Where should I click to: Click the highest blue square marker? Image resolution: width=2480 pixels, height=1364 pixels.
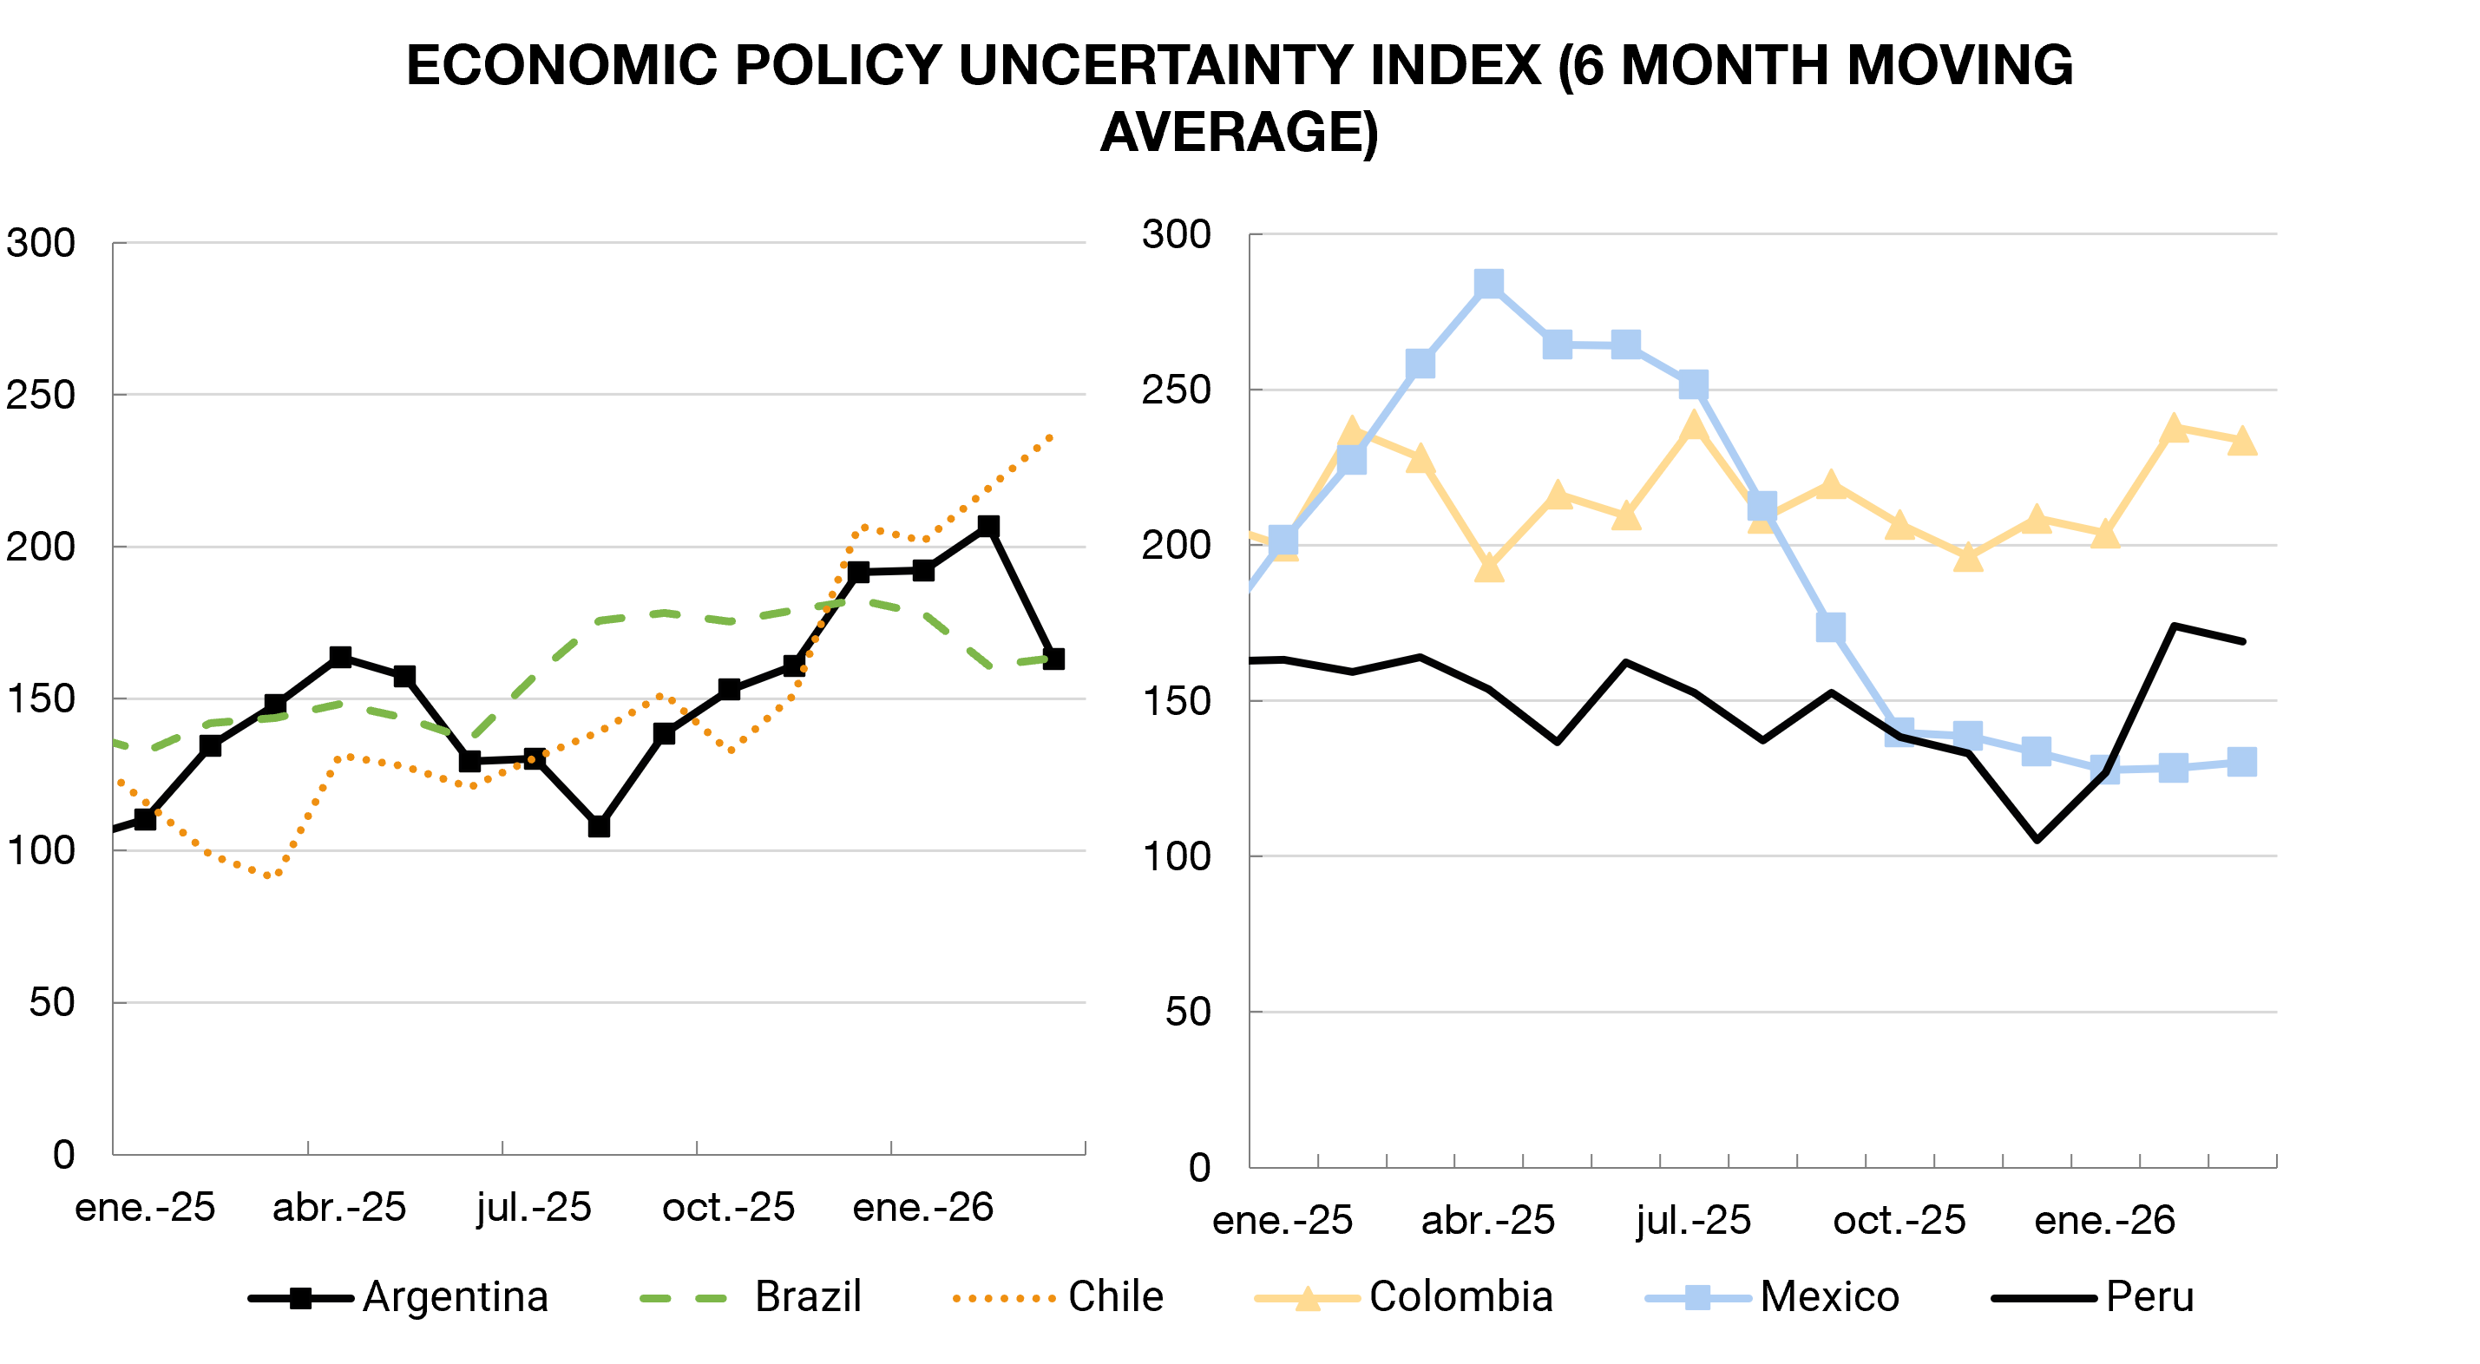click(x=1488, y=284)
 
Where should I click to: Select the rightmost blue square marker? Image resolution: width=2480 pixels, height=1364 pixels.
click(x=2242, y=762)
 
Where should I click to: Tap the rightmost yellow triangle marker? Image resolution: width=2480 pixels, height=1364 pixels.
click(x=2242, y=441)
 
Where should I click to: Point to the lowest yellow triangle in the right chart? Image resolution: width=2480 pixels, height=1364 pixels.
click(x=1488, y=569)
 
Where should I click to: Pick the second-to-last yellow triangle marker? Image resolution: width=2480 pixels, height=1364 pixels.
click(x=2174, y=429)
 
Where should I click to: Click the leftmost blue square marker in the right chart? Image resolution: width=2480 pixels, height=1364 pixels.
click(x=1283, y=540)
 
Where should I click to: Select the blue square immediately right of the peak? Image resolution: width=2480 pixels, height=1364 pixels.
click(x=1557, y=344)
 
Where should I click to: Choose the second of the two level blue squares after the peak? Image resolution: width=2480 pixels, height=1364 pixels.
click(x=1626, y=344)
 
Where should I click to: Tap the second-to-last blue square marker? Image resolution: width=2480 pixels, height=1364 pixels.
click(x=2174, y=767)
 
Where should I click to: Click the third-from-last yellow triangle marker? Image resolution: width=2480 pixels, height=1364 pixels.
click(x=2105, y=534)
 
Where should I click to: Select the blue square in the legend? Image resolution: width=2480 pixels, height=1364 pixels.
click(x=1698, y=1297)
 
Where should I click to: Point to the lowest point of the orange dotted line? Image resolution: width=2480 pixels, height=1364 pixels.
click(x=270, y=875)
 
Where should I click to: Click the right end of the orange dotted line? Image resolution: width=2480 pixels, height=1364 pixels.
click(x=1052, y=436)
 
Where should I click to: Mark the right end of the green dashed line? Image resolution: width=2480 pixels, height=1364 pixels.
click(x=1052, y=659)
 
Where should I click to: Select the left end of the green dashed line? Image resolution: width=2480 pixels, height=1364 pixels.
click(x=115, y=742)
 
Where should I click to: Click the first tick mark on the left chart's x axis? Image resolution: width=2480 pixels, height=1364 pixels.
click(x=308, y=1147)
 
